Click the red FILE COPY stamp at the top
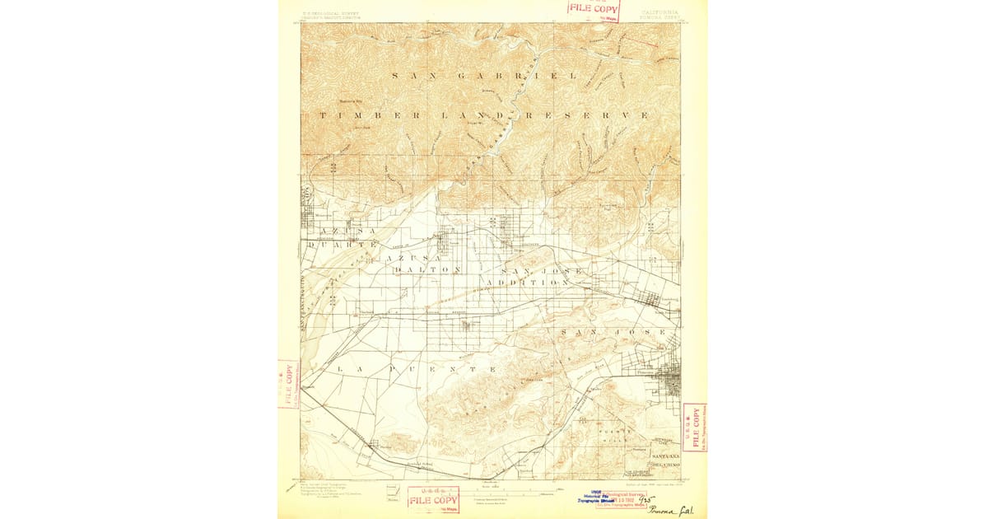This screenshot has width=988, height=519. pyautogui.click(x=593, y=9)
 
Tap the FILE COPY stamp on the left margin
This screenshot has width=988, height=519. pyautogui.click(x=287, y=384)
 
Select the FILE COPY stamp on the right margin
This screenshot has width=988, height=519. pyautogui.click(x=693, y=427)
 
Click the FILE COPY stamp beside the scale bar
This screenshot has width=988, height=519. pyautogui.click(x=433, y=499)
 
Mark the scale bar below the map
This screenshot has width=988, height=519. pyautogui.click(x=510, y=493)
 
